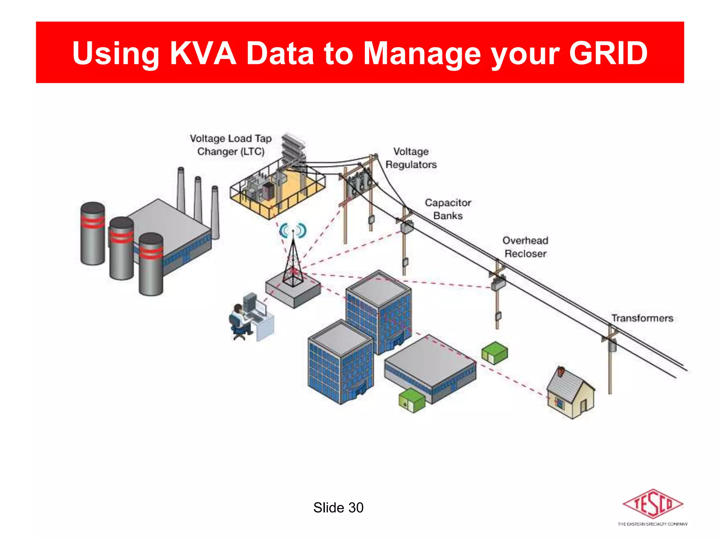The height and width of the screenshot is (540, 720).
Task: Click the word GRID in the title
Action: pos(608,53)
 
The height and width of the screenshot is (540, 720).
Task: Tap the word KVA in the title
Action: pos(203,53)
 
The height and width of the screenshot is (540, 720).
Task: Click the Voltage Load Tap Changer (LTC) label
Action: pos(231,145)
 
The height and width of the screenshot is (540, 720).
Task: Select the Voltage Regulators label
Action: pos(411,158)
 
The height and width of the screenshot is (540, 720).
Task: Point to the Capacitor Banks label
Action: pos(448,209)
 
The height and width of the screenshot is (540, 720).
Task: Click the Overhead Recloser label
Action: pos(525,247)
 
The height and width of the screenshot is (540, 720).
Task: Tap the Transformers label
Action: pos(642,318)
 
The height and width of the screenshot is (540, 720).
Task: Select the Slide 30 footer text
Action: pos(338,508)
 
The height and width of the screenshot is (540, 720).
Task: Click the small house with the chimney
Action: pos(571,394)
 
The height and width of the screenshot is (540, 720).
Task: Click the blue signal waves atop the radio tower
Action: pos(293,231)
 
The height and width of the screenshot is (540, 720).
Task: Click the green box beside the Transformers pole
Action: pos(495,353)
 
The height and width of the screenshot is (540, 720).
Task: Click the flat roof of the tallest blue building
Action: pos(379,288)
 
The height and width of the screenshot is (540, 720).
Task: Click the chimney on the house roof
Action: pos(561,371)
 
